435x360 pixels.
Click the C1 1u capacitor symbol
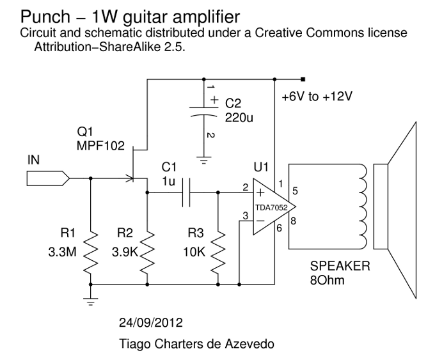point(185,191)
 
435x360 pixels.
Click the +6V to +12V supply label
point(317,97)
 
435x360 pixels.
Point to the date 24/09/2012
point(150,320)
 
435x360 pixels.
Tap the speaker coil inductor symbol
point(363,205)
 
